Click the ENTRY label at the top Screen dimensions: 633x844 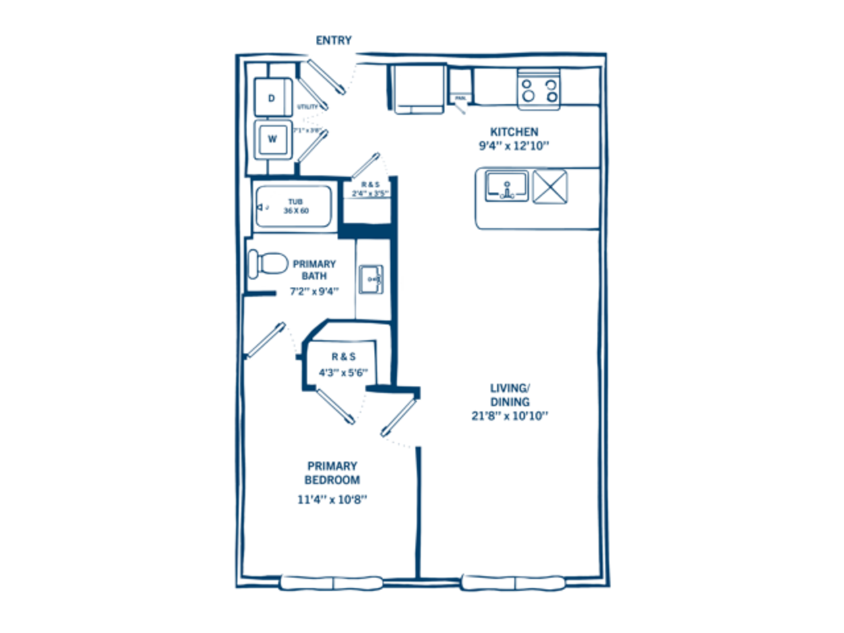[x=334, y=40]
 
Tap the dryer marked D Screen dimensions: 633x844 [x=272, y=98]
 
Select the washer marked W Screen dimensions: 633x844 [x=272, y=139]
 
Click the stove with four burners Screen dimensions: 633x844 [x=538, y=88]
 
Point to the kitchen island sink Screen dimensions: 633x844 [x=506, y=186]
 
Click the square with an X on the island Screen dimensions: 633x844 [x=550, y=187]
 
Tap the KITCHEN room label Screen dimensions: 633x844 [x=514, y=132]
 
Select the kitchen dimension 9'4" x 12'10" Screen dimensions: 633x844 [x=514, y=146]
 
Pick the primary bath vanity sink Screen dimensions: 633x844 [x=371, y=279]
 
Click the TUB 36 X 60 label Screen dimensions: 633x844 [x=295, y=206]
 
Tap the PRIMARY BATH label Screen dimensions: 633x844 [x=314, y=270]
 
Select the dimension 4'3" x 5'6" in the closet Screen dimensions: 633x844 [x=343, y=373]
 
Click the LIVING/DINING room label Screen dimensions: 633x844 [x=510, y=394]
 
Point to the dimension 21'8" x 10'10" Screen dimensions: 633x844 [x=510, y=415]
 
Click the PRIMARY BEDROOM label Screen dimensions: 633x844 [x=332, y=473]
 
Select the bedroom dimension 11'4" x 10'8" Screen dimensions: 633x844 [x=332, y=499]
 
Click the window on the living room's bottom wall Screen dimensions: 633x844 [x=514, y=583]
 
